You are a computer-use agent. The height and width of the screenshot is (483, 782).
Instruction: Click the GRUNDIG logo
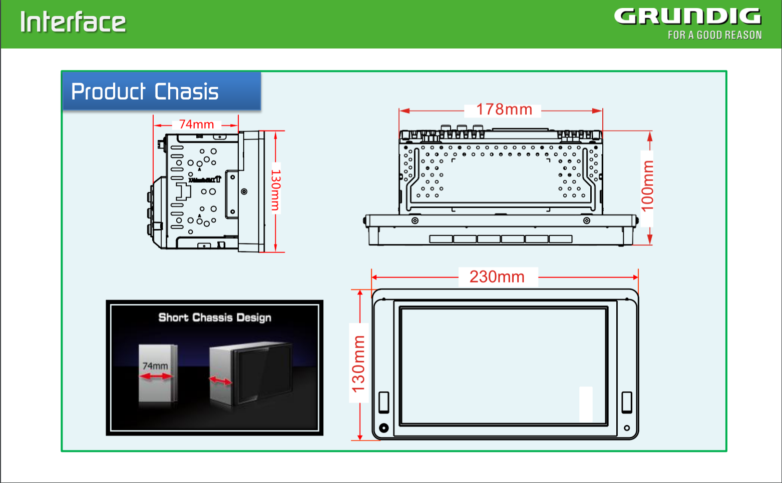(x=687, y=16)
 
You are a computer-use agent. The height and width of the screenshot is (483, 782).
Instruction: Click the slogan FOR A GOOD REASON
(x=714, y=35)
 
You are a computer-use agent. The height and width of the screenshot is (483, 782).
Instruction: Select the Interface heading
(x=73, y=22)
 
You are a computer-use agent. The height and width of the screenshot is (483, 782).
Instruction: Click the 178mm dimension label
(x=504, y=109)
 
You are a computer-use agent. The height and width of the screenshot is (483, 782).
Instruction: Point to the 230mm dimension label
(x=497, y=276)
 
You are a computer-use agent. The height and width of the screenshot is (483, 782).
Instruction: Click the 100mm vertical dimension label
(x=647, y=185)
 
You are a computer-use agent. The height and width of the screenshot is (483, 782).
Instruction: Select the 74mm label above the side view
(x=196, y=124)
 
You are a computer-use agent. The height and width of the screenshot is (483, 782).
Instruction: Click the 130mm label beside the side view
(x=276, y=190)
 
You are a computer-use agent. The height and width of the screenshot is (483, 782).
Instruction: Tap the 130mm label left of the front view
(x=358, y=363)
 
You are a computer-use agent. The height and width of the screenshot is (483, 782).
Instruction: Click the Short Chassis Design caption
(x=215, y=317)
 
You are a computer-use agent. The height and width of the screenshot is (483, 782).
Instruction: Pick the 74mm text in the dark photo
(x=155, y=366)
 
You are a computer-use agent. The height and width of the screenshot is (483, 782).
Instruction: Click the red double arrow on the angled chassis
(x=220, y=381)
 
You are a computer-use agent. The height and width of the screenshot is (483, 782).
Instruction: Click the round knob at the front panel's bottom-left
(x=384, y=427)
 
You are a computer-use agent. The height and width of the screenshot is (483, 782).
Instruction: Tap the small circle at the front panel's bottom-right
(x=627, y=428)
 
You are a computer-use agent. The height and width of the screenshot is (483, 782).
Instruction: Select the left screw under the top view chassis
(x=415, y=220)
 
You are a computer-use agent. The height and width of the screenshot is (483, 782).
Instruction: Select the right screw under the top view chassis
(x=587, y=220)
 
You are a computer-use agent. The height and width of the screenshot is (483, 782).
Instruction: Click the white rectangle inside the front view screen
(x=586, y=404)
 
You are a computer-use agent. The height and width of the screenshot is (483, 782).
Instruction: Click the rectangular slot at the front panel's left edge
(x=384, y=402)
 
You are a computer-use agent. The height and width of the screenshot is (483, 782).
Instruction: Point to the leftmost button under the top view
(x=441, y=239)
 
